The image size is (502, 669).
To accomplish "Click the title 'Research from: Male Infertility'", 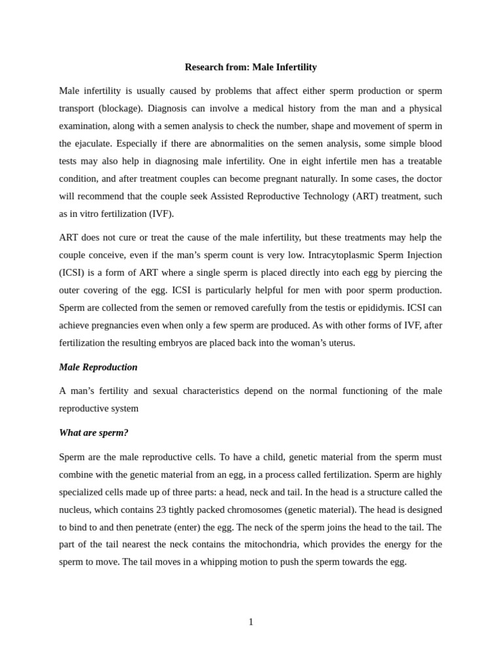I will point(250,67).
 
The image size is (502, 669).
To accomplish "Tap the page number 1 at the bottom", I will point(251,622).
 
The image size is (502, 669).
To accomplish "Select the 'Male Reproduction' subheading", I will point(98,367).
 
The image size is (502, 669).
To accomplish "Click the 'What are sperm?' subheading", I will point(93,432).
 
